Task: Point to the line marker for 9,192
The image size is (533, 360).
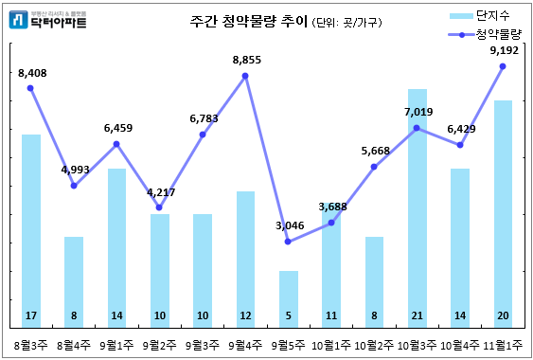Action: coord(503,66)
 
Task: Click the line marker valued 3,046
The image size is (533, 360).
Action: coord(288,242)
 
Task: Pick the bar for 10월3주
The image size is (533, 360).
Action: coord(417,208)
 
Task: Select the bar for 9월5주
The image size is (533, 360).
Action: coord(288,298)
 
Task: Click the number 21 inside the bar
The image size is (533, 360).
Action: coord(417,315)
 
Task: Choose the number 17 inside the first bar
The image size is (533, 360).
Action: coord(31,315)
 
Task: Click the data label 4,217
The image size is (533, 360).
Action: coord(160,192)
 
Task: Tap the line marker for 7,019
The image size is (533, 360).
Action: coord(417,127)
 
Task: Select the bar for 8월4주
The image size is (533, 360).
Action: coord(74,279)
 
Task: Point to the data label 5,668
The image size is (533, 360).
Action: coord(374,151)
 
